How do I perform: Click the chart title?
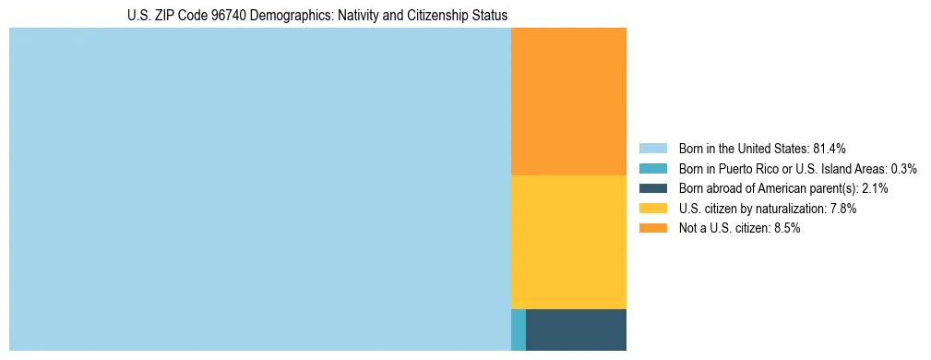(x=317, y=16)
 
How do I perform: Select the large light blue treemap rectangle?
(x=259, y=189)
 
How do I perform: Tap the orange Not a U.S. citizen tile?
(x=568, y=102)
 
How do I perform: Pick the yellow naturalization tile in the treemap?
(x=568, y=242)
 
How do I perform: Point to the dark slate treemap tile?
(x=576, y=330)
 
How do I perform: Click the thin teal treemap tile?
(x=519, y=330)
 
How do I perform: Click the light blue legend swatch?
(x=652, y=149)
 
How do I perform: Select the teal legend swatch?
(x=652, y=169)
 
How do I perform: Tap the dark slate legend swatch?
(x=652, y=188)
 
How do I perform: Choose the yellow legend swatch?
(x=652, y=209)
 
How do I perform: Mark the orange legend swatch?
(x=652, y=229)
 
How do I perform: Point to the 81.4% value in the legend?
(x=830, y=149)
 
